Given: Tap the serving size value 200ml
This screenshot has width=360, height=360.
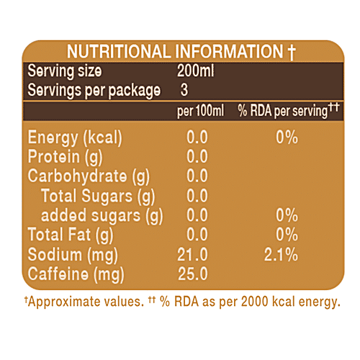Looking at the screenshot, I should (194, 72).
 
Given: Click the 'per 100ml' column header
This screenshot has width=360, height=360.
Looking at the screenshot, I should (200, 111).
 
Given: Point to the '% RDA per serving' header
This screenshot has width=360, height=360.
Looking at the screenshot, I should (289, 111).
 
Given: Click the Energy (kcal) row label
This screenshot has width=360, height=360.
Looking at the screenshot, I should (74, 138).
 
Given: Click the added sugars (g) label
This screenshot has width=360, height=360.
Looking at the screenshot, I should (102, 215).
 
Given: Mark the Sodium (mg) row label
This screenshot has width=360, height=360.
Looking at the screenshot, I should (72, 253).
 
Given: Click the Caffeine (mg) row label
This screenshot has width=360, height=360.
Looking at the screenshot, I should (76, 273).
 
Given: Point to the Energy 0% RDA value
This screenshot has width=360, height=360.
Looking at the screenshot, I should (287, 138).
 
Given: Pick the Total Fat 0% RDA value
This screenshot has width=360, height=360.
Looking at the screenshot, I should (287, 234).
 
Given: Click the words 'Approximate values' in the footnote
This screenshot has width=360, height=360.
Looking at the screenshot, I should (76, 303).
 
